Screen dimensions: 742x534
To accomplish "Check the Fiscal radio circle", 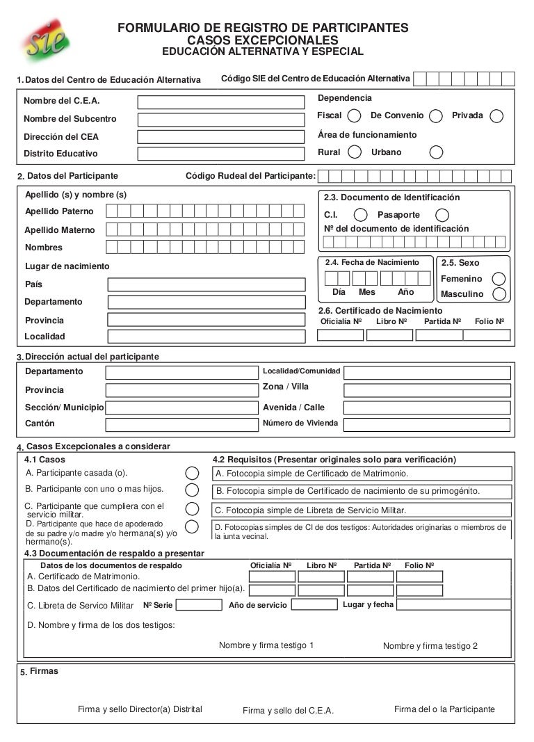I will click(355, 115).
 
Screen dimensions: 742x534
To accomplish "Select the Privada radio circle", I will click(496, 115).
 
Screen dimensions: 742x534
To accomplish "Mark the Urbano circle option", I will click(436, 152).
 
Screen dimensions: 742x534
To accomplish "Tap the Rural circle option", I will click(355, 152).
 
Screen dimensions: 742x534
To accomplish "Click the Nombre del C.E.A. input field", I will click(221, 102).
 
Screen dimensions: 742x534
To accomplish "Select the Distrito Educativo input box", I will click(221, 154).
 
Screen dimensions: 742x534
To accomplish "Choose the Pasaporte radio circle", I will click(442, 215).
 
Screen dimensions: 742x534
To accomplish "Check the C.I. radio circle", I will click(361, 215).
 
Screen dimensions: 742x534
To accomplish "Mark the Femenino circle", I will click(499, 278).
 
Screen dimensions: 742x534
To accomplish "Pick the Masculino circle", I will click(499, 293).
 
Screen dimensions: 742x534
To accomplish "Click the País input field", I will click(206, 284).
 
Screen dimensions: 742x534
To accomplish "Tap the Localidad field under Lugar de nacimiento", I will click(206, 337).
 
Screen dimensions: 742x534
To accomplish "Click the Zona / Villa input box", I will click(428, 389).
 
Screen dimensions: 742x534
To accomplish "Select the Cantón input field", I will click(181, 424).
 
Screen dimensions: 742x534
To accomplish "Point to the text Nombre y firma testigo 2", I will click(430, 646).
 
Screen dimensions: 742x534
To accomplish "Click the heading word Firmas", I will click(44, 671).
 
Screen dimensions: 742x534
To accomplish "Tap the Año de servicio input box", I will click(314, 604).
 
